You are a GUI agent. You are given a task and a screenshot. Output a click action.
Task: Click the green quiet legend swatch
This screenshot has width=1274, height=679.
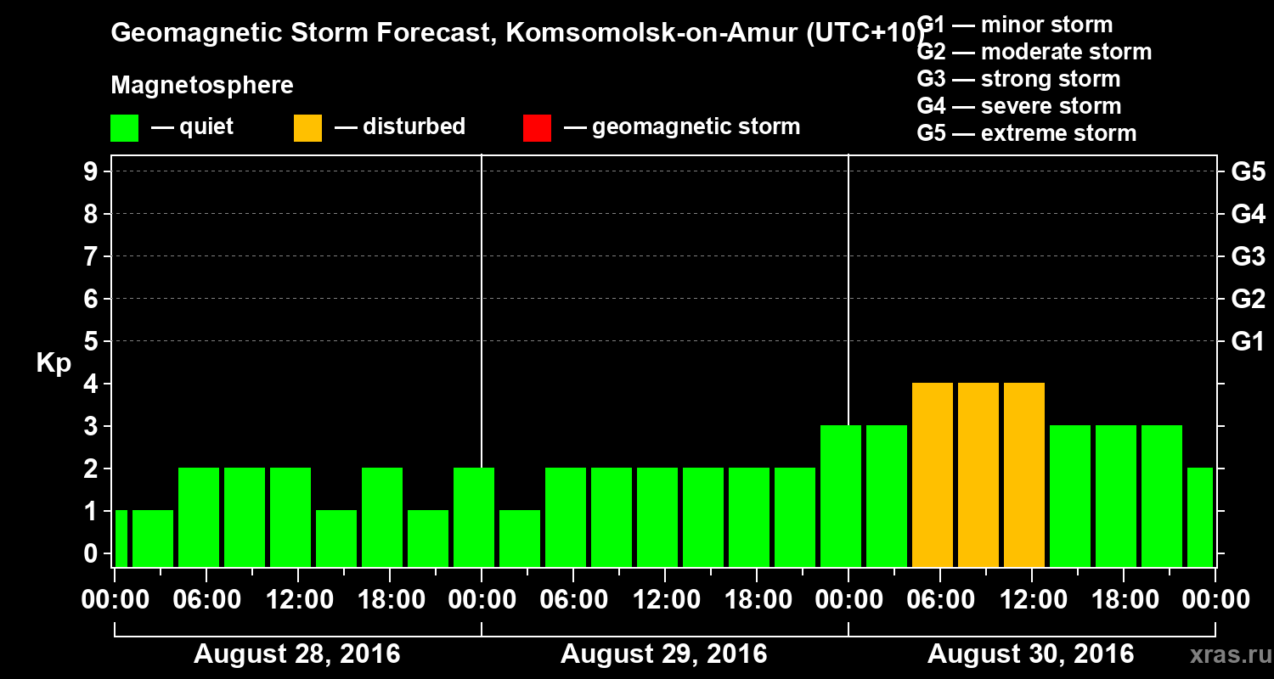click(x=124, y=128)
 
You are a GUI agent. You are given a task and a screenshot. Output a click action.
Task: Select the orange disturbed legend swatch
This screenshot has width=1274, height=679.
click(x=307, y=128)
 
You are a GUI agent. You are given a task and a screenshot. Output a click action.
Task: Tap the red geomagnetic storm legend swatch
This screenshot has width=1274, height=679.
click(x=537, y=128)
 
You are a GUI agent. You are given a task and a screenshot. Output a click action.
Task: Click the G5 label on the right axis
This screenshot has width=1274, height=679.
click(x=1248, y=171)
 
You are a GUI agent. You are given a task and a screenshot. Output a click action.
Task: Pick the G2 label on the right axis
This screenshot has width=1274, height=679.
click(x=1248, y=299)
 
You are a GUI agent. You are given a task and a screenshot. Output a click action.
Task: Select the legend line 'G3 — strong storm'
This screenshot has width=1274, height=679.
click(x=1018, y=79)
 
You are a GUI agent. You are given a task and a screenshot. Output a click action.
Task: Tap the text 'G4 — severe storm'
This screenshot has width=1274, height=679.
click(x=1018, y=106)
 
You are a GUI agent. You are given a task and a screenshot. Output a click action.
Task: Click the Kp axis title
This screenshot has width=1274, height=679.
click(x=54, y=362)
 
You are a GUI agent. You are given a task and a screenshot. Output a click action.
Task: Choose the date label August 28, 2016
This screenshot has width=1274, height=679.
click(x=297, y=654)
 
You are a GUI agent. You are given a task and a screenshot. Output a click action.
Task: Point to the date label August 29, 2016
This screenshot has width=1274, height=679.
click(x=664, y=654)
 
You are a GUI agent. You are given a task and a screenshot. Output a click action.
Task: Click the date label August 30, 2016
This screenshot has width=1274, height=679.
click(x=1030, y=654)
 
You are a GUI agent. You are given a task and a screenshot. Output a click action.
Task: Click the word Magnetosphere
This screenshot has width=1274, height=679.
click(x=202, y=86)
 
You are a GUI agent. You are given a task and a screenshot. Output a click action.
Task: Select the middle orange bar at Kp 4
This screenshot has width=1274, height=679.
click(x=978, y=475)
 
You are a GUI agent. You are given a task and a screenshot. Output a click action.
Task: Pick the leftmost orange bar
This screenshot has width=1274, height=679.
click(x=933, y=475)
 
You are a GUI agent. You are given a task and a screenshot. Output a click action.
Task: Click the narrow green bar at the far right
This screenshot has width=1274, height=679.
click(x=1199, y=518)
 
